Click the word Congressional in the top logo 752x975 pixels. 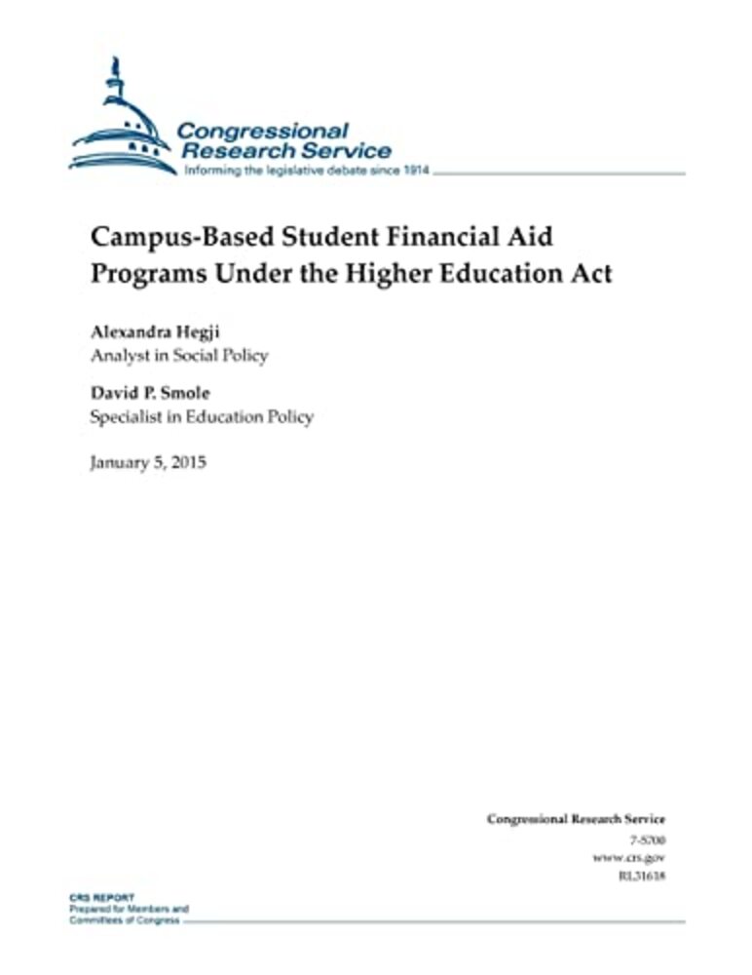260,130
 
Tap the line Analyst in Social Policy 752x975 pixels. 178,356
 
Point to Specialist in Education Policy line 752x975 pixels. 202,417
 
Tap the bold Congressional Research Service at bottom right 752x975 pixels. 576,820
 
